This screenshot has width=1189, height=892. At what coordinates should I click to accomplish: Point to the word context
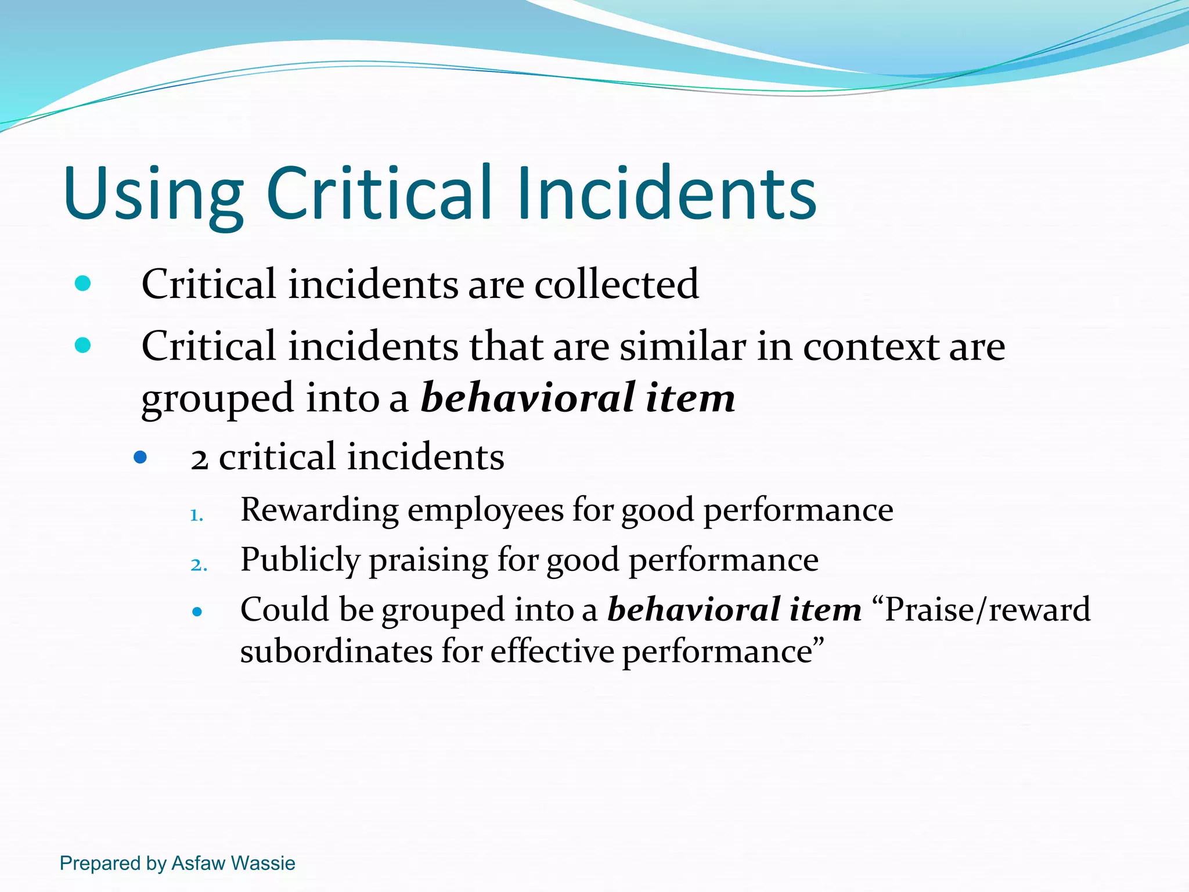click(x=871, y=347)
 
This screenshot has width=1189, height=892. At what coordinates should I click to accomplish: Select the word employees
click(x=485, y=510)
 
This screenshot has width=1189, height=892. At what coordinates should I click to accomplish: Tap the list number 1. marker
click(x=197, y=515)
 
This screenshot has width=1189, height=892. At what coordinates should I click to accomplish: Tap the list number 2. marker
click(x=199, y=564)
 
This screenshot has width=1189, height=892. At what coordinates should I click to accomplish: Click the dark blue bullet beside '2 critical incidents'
click(x=140, y=458)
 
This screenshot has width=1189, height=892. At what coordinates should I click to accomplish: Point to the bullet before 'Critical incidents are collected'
click(x=83, y=283)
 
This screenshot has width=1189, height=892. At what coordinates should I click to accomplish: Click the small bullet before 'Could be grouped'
click(x=197, y=612)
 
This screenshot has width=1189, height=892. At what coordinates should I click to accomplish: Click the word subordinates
click(x=336, y=652)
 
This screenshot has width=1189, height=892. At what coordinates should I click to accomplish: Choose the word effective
click(x=552, y=652)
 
